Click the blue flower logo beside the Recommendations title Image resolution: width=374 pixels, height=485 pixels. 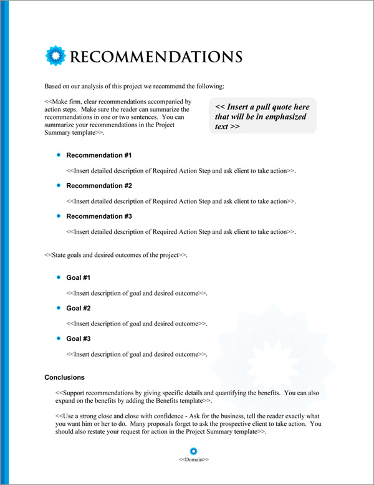[56, 56]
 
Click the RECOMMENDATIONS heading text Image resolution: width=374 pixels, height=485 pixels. [156, 57]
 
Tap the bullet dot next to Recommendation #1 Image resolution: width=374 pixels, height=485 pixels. [59, 155]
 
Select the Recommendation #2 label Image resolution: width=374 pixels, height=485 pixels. [99, 186]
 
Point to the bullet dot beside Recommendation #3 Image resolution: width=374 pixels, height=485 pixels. [59, 216]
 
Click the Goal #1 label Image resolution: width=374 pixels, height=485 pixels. [79, 277]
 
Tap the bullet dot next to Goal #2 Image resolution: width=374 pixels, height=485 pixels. [59, 307]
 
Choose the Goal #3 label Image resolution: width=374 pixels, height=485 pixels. [79, 339]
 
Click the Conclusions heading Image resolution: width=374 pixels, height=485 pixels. [64, 378]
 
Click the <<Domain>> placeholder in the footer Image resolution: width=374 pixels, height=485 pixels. [193, 459]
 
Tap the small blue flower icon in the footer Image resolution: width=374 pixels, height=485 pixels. [193, 451]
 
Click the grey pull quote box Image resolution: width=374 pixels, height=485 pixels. [263, 115]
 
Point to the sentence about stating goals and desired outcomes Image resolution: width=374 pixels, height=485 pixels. [116, 256]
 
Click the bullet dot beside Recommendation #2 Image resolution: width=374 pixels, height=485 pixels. [59, 185]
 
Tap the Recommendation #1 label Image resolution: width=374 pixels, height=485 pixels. [99, 155]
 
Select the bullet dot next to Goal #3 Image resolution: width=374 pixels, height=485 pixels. [59, 338]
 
